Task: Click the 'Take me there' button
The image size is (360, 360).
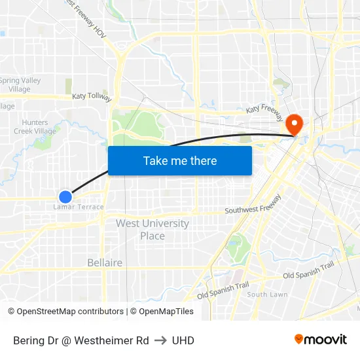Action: point(180,161)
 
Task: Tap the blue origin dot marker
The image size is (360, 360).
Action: point(65,196)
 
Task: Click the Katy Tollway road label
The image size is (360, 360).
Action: point(92,97)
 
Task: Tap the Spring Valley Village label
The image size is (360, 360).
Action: point(20,84)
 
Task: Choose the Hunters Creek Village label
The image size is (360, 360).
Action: point(35,126)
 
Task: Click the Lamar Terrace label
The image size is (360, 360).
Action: point(78,207)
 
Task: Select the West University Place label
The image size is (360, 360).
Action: point(153,229)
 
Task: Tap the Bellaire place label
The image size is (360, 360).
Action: point(105,262)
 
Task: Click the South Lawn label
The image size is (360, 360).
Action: point(267,295)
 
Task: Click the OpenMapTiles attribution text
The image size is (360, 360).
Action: point(166,312)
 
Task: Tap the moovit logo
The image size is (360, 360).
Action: point(321,340)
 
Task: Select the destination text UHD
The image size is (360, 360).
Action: point(183,340)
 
